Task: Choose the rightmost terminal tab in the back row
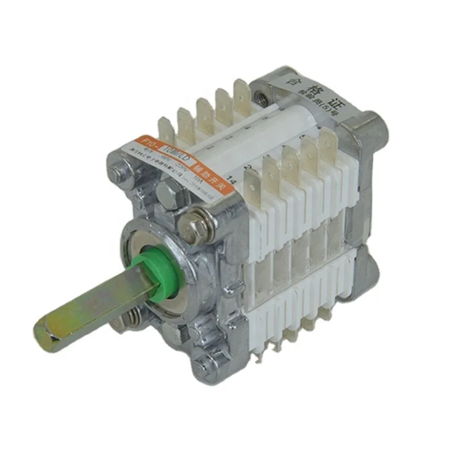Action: pos(242,92)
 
